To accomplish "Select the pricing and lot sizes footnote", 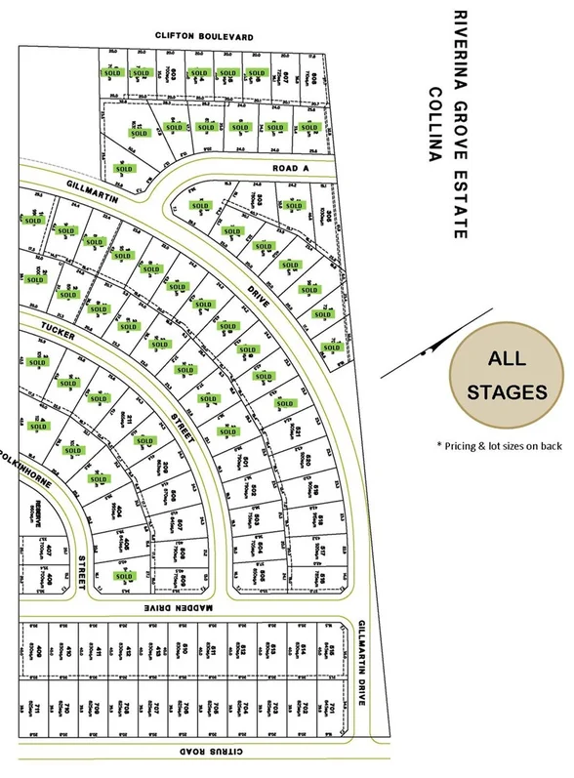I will pyautogui.click(x=500, y=445).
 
